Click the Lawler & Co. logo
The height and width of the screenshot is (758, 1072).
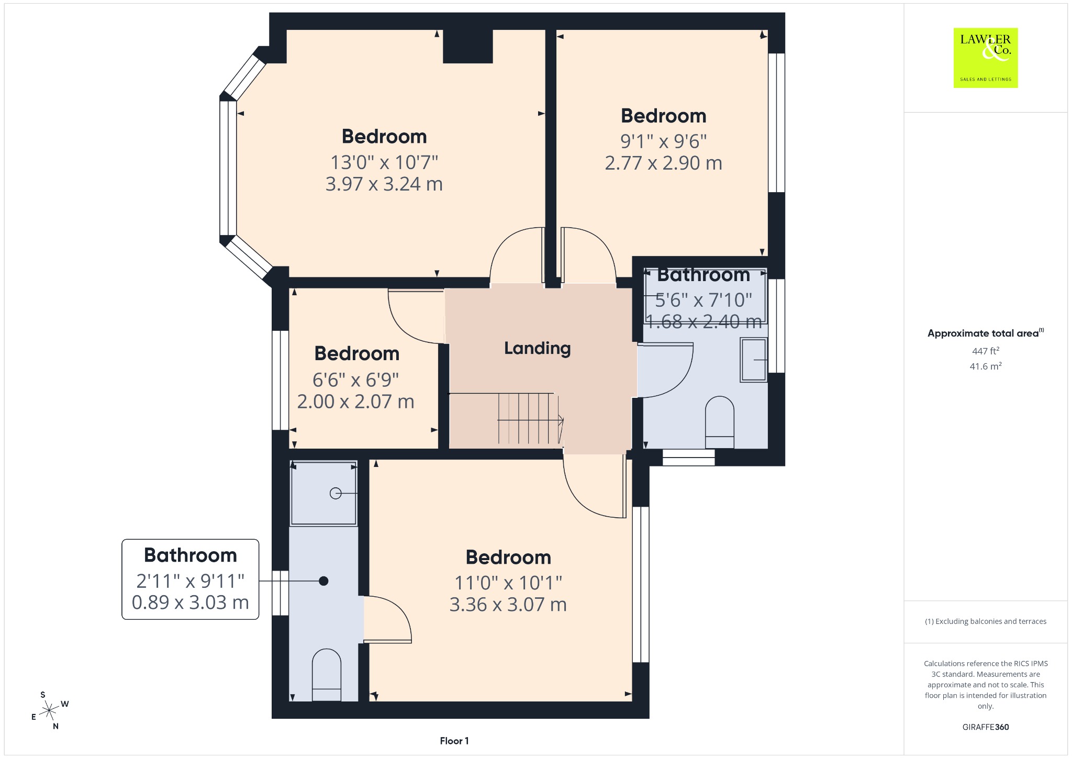point(985,58)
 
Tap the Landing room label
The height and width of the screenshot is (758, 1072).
point(537,349)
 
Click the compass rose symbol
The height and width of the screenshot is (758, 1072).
point(49,710)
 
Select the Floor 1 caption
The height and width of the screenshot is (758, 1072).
point(454,741)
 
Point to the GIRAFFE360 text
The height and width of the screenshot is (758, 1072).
point(985,727)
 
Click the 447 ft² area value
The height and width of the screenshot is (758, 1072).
point(985,351)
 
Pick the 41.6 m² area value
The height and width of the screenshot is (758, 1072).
point(985,366)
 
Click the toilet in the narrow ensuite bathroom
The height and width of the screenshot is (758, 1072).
point(326,675)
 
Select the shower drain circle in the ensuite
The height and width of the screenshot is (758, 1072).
point(336,493)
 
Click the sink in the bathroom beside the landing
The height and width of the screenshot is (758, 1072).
point(753,360)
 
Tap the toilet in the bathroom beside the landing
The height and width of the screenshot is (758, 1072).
point(720,422)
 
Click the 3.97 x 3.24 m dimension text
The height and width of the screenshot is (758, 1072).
point(384,184)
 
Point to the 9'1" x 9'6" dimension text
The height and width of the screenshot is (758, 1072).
point(663,141)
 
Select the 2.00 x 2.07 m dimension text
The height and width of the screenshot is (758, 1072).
point(356,402)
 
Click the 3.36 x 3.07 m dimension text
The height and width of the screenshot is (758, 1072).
point(508,605)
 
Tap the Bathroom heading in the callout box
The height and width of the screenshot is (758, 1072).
point(191,555)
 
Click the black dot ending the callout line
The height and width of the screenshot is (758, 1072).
point(323,581)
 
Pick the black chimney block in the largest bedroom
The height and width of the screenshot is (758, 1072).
point(468,46)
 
